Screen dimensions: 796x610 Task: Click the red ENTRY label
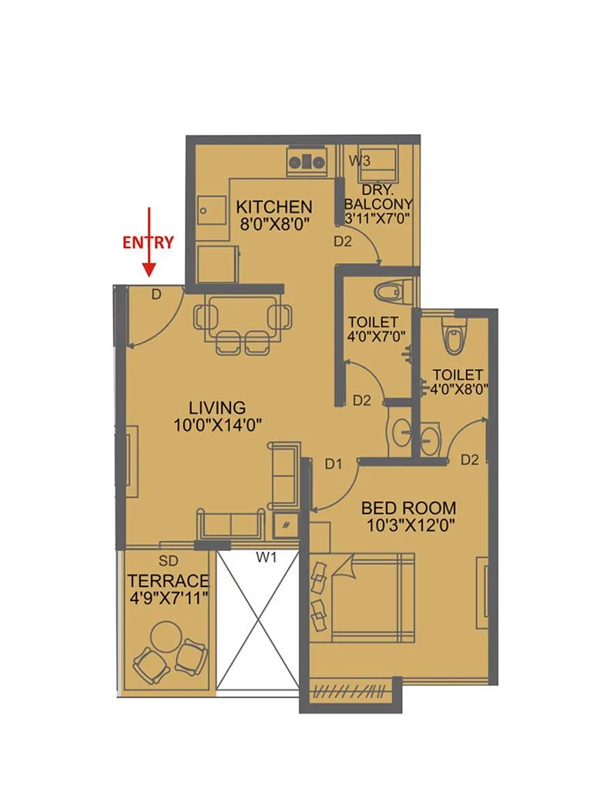pyautogui.click(x=149, y=241)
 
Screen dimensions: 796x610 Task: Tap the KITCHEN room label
pyautogui.click(x=273, y=207)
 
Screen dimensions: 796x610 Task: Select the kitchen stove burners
pyautogui.click(x=307, y=162)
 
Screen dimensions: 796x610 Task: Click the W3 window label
pyautogui.click(x=360, y=161)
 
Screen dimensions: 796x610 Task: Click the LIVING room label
pyautogui.click(x=218, y=407)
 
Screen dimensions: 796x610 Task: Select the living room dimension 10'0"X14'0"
pyautogui.click(x=218, y=423)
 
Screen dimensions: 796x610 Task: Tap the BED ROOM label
pyautogui.click(x=408, y=509)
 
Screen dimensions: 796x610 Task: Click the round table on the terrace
pyautogui.click(x=168, y=636)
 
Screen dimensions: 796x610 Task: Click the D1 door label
pyautogui.click(x=333, y=464)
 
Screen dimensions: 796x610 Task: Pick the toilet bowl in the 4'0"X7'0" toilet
pyautogui.click(x=388, y=291)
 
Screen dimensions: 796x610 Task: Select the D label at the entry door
pyautogui.click(x=156, y=294)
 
